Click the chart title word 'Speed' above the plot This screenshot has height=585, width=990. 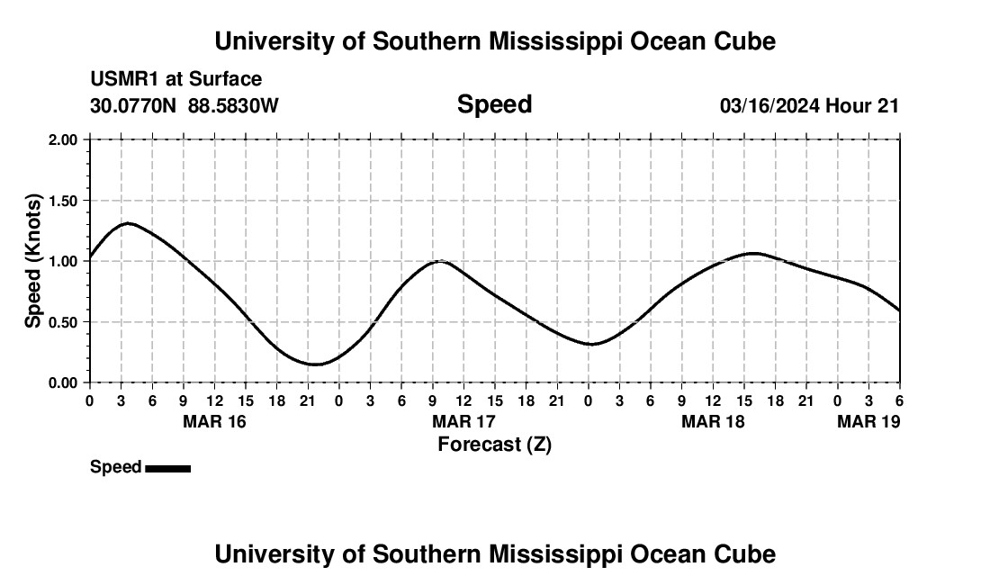coord(494,104)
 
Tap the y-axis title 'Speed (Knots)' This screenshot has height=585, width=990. coord(33,261)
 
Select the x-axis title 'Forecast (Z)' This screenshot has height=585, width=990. coord(494,444)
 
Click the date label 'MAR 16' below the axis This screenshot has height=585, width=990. coord(214,421)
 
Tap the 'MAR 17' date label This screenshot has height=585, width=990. coord(463,421)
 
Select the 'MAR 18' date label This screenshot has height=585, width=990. coord(713,421)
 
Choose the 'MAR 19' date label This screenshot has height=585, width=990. coord(868,421)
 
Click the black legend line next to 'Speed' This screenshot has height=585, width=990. coord(167,468)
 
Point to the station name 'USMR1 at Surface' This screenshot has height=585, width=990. coord(175,79)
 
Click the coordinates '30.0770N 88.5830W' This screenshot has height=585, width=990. coord(184,105)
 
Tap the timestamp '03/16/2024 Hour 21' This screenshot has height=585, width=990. coord(809,105)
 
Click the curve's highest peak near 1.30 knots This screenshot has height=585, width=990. coord(128,223)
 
